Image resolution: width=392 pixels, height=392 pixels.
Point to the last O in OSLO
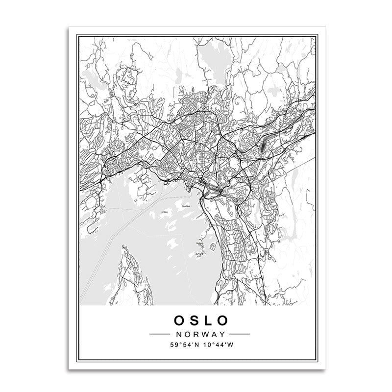tap(223, 320)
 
